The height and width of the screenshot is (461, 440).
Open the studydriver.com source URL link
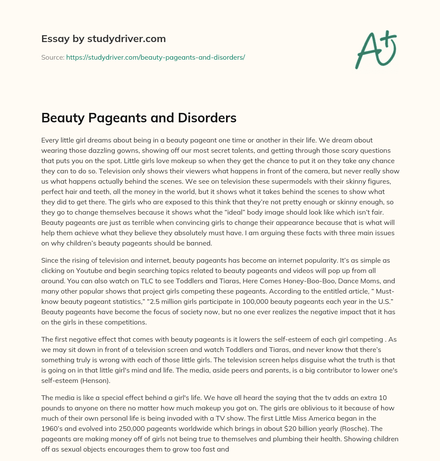[155, 57]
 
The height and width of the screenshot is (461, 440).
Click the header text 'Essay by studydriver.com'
[103, 39]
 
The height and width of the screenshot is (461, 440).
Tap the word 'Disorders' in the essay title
[210, 118]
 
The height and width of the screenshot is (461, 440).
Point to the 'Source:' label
[52, 57]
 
